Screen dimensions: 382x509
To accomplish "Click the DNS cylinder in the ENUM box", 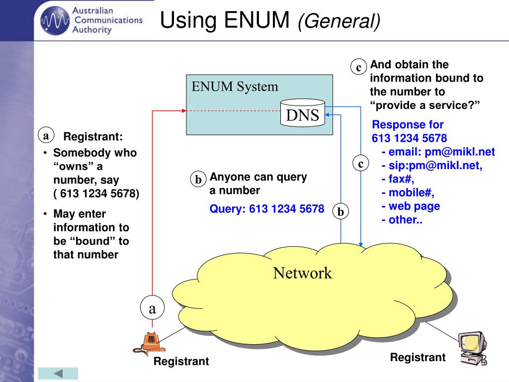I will point(302,114).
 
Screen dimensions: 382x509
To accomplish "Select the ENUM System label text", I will point(235,87).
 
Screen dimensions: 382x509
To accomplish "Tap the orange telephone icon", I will point(149,343).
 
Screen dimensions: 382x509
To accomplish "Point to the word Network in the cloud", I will point(302,273).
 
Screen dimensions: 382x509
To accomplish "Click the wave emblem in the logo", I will point(52,20).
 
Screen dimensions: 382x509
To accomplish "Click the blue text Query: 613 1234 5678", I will point(266,209).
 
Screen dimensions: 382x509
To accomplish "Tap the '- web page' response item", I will point(411,206).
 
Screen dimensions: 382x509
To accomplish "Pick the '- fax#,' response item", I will point(398,179).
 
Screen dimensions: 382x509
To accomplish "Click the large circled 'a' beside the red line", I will point(152,309).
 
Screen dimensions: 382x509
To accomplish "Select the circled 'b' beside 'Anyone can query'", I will point(198,180).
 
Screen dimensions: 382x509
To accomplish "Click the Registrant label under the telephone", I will point(181,362).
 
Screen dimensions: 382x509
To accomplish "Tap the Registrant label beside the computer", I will point(418,357).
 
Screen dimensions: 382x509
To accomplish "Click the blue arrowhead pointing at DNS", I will point(328,115).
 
